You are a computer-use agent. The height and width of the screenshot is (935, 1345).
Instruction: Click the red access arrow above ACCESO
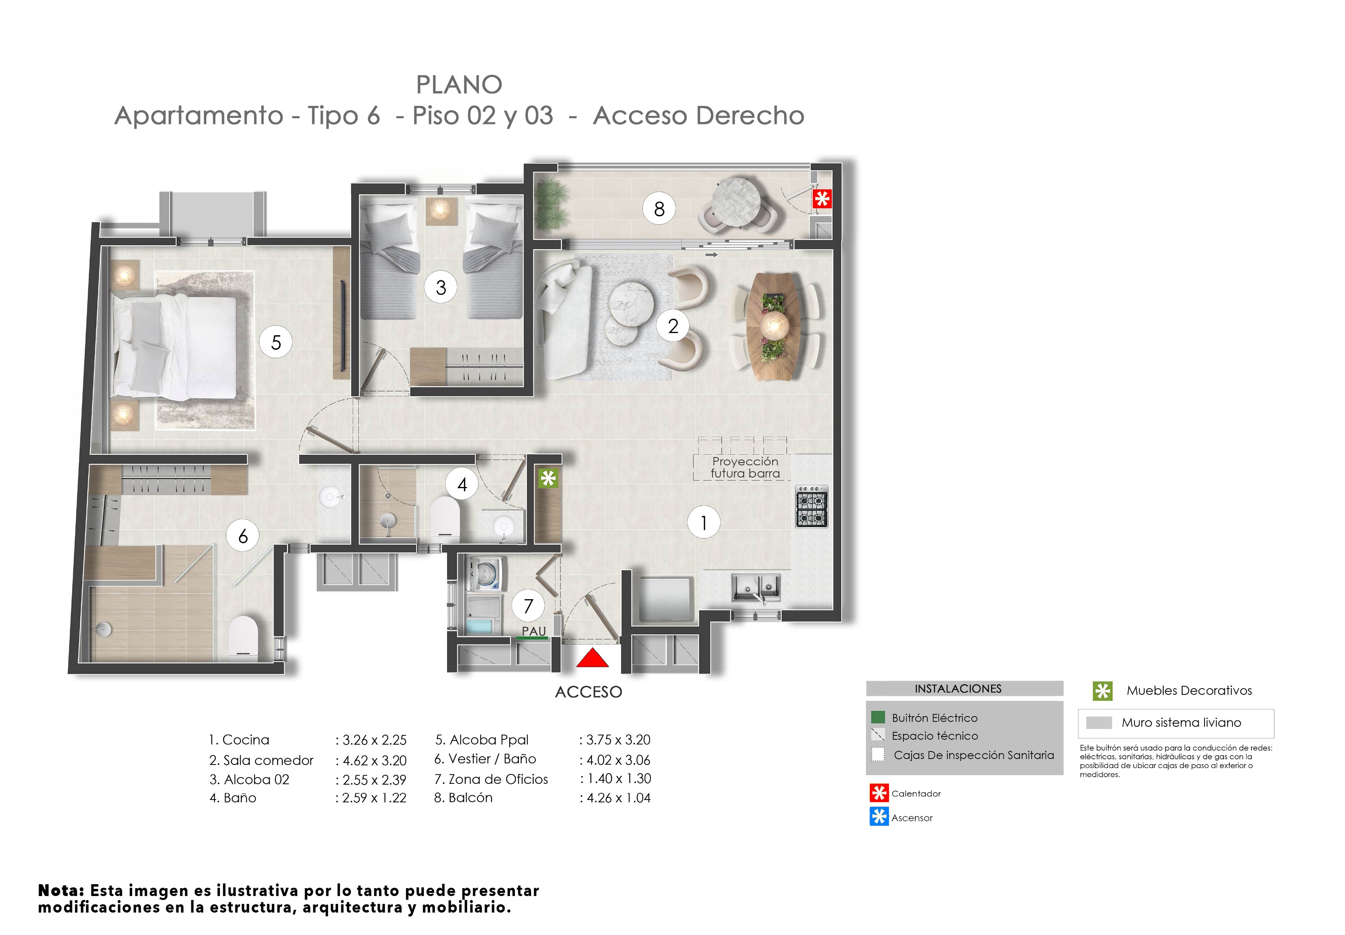coord(592,659)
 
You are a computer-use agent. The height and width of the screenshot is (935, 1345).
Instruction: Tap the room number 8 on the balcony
coord(659,209)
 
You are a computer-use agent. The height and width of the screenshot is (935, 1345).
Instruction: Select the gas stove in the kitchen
coord(811,507)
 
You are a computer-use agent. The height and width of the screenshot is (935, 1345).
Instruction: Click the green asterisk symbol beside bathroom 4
coord(548,479)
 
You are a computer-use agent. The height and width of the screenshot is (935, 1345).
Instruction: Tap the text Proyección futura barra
coord(745,468)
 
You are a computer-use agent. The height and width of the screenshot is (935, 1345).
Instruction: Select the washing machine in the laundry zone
coord(485,573)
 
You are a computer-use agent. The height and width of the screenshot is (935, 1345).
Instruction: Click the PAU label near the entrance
coord(534,631)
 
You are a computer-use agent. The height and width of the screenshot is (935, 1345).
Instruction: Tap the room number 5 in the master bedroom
coord(276,342)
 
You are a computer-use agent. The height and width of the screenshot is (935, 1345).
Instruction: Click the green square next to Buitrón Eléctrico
coord(877,717)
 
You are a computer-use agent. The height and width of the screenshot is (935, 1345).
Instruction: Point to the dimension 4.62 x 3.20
coord(374,761)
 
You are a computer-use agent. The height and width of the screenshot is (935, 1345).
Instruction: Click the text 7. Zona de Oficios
coord(491,779)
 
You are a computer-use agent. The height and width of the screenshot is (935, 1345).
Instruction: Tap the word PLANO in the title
coord(459,85)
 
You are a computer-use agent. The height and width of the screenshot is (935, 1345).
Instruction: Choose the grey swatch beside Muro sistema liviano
coord(1098,722)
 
